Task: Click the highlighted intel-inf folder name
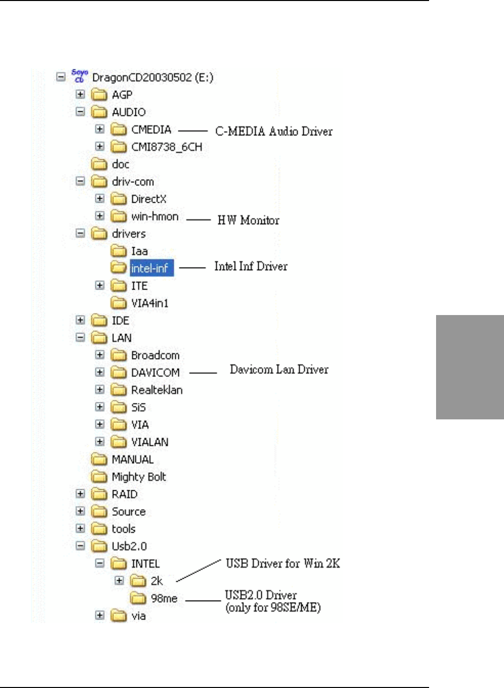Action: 150,269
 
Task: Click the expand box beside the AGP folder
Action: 80,94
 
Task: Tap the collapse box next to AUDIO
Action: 80,112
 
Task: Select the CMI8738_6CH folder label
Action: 166,147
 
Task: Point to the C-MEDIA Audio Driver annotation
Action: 274,131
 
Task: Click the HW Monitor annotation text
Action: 248,220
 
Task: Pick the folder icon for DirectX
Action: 119,199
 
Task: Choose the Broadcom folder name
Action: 155,355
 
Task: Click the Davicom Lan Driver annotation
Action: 279,369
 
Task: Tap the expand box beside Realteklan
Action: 100,390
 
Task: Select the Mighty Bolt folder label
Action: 139,477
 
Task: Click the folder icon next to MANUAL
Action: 99,459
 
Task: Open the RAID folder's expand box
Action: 80,494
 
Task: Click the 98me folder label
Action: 164,598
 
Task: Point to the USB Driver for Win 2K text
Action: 283,564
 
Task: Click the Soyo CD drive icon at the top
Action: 79,76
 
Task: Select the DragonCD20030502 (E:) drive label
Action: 153,77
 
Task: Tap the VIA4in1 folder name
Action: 150,303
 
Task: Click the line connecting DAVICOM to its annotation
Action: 203,372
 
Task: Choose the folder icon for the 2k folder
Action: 138,581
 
